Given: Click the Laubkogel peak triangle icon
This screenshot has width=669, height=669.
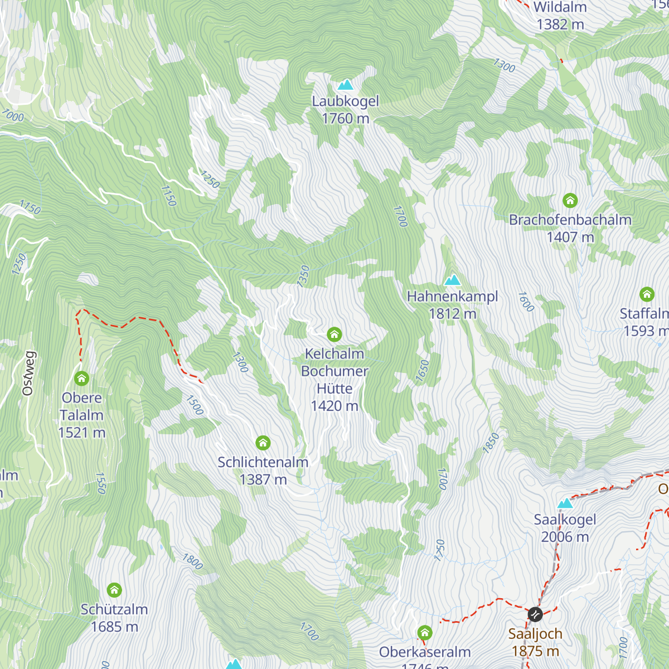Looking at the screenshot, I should point(346,85).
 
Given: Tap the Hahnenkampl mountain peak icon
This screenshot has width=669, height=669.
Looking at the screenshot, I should point(452,280).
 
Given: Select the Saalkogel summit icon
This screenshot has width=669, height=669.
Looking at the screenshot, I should point(565,503).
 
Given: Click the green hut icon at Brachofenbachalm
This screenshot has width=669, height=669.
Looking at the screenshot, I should point(570,200).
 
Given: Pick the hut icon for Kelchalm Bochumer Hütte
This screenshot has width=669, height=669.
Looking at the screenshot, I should point(334,334).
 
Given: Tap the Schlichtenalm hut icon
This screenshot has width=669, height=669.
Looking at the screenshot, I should point(263,443).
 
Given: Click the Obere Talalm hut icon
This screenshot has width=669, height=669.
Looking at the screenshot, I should point(82,379).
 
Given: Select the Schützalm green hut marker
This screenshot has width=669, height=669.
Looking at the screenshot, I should point(114,590).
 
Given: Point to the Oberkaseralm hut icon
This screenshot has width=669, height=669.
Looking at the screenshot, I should point(425,633).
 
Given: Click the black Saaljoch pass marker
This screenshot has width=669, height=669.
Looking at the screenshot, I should point(535,614).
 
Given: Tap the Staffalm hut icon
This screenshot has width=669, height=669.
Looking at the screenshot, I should point(647,294).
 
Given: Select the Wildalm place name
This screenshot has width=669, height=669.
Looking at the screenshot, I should point(560,7).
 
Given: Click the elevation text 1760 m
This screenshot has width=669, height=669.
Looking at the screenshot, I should point(346,118).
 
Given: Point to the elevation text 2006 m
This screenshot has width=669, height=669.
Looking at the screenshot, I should point(565,537).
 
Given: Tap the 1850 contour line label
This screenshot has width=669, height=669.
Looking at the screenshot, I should point(491,443).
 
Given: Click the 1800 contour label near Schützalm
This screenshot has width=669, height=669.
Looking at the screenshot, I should point(192,561).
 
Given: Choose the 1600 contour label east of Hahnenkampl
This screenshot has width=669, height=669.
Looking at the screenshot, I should point(526,302).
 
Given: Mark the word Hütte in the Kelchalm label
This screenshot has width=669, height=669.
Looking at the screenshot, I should point(334,389).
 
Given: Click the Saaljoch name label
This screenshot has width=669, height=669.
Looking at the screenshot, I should point(535,634).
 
